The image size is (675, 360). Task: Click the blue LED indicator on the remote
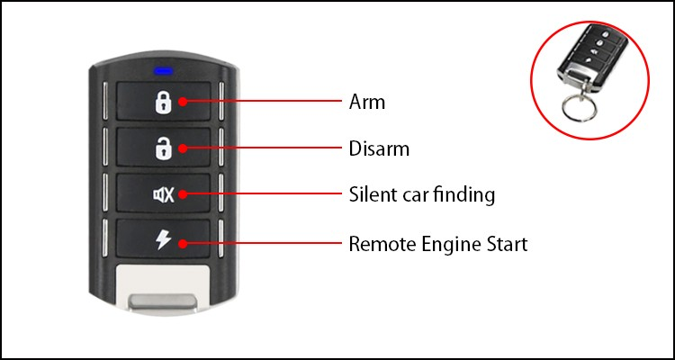[x=163, y=70]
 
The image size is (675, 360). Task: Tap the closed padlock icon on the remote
[x=161, y=102]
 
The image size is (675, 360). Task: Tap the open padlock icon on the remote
[x=161, y=148]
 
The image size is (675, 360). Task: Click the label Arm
[x=366, y=102]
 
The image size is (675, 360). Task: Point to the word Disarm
[x=378, y=148]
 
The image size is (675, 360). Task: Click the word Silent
[x=372, y=194]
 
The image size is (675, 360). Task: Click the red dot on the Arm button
[x=183, y=102]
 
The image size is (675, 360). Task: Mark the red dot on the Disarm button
[x=183, y=148]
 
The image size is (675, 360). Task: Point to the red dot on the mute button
[x=183, y=194]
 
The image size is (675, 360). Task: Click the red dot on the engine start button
[x=183, y=242]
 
